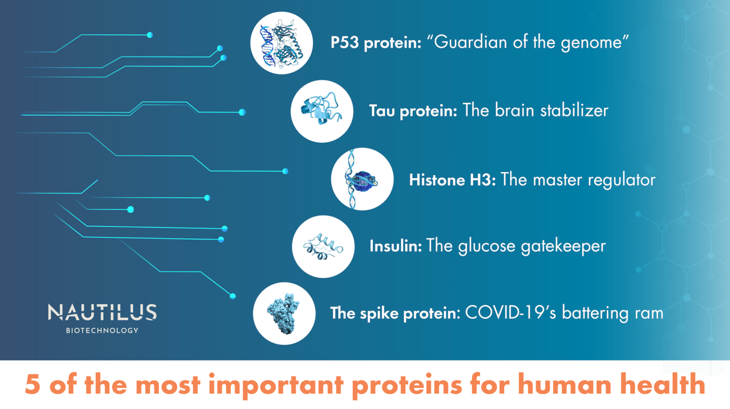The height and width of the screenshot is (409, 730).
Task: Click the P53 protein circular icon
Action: coord(281,43)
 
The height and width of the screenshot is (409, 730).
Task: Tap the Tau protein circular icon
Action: coord(322,111)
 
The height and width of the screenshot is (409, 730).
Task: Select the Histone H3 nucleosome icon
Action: coord(362,179)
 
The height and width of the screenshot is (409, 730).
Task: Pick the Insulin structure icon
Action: coord(323,246)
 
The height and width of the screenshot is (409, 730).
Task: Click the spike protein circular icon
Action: coord(284,313)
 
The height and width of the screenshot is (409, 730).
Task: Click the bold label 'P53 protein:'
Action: coord(376,43)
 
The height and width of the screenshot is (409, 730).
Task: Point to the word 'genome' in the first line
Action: coord(591,43)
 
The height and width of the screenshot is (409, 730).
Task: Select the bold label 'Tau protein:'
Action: coord(413,111)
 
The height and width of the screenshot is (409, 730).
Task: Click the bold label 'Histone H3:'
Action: coord(452,180)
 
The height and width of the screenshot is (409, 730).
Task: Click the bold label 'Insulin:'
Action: coord(395,246)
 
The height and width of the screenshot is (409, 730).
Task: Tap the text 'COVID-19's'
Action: coord(510,313)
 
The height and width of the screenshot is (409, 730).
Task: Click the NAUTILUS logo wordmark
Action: coord(102,312)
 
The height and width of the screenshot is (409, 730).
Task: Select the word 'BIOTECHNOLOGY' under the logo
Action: coord(102,331)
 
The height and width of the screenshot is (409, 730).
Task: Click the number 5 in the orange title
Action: coord(32,385)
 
